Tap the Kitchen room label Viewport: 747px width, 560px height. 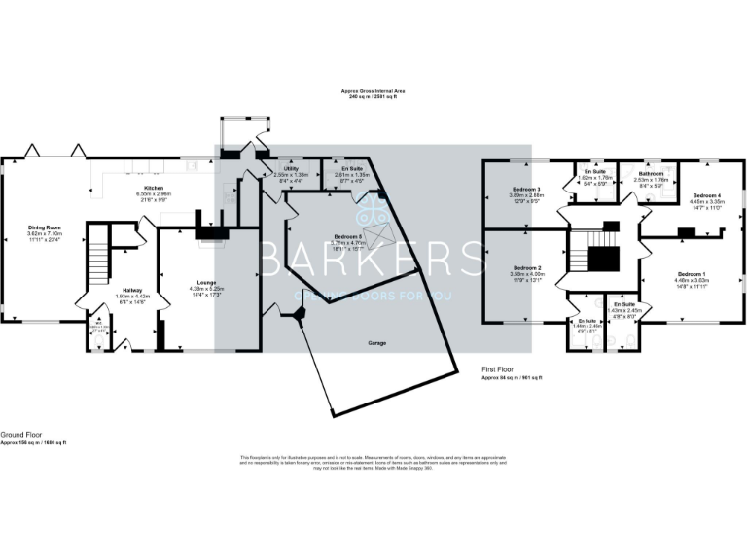[154, 187]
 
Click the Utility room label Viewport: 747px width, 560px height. [291, 169]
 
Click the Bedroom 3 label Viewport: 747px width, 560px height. [524, 189]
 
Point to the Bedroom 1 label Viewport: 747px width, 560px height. [693, 275]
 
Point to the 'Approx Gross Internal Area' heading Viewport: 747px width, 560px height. [373, 91]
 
